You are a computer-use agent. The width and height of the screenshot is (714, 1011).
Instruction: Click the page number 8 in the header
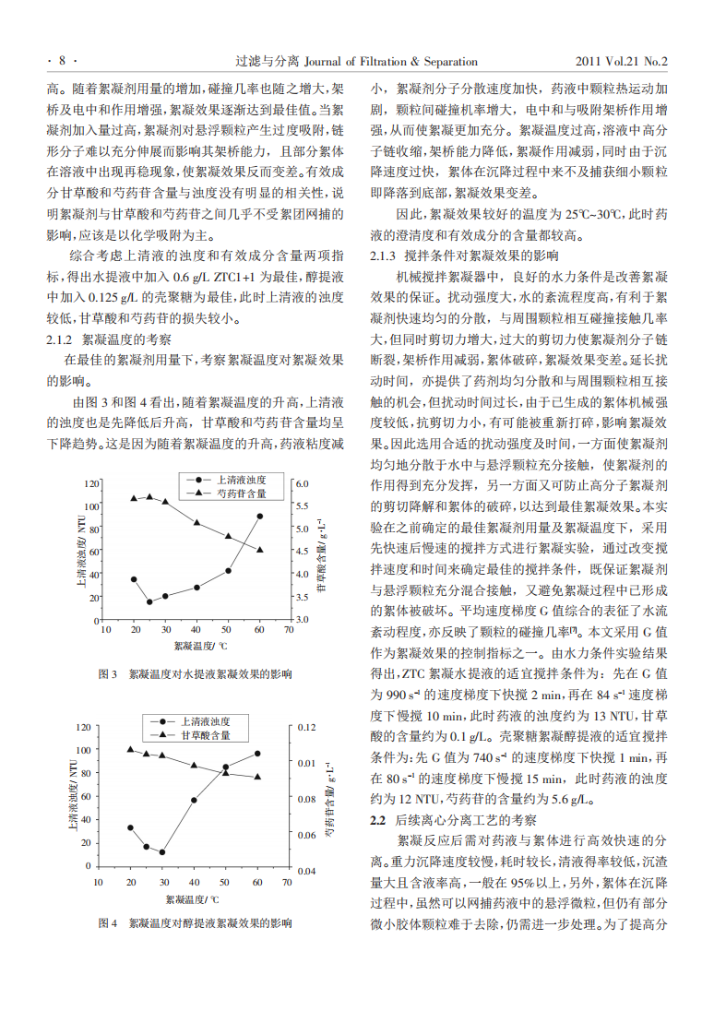(x=62, y=62)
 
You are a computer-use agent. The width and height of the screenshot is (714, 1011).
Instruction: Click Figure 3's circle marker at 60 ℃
(x=260, y=517)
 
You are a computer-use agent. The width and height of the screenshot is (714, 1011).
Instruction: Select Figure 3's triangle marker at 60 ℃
(x=260, y=550)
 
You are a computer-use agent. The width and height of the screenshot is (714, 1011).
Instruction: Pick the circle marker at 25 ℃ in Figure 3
(x=149, y=601)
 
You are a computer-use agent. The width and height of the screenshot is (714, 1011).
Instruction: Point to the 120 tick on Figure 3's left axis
(x=91, y=483)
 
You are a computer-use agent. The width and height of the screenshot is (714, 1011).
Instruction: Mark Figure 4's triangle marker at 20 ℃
(x=131, y=750)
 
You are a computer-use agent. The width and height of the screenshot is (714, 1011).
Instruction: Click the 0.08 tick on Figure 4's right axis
(x=307, y=799)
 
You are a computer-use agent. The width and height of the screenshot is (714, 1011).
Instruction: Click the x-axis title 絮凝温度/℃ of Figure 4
(x=193, y=898)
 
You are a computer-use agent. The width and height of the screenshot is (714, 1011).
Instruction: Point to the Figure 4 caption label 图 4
(x=108, y=922)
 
